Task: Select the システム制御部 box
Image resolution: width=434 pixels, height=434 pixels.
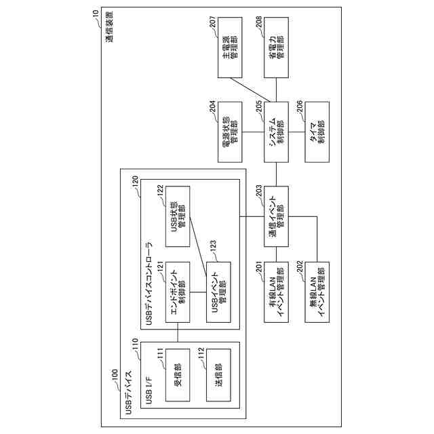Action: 275,132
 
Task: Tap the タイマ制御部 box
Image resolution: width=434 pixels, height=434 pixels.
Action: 316,132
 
